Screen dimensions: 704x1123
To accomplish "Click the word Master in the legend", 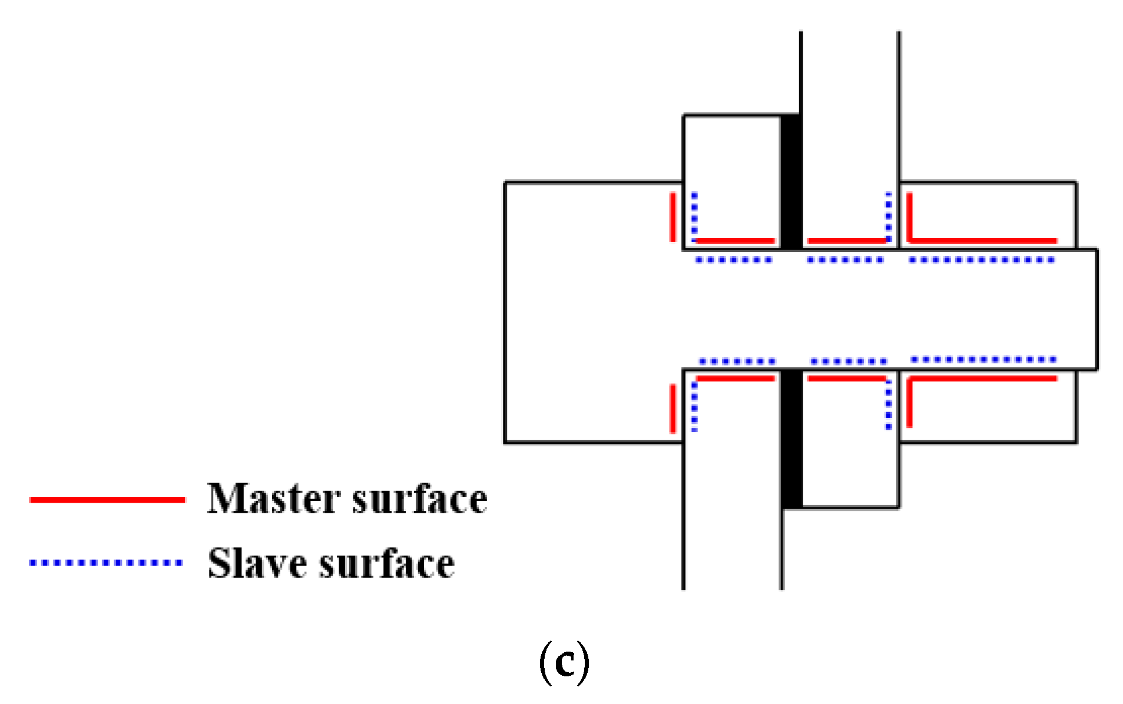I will tap(273, 499).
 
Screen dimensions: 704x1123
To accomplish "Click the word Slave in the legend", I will tap(257, 564).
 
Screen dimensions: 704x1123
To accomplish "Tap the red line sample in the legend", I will tap(107, 500).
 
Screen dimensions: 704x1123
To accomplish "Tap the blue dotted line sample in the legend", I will tap(106, 563).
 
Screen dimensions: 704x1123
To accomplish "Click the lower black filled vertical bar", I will tap(791, 439).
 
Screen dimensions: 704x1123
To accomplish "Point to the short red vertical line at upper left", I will tap(673, 217).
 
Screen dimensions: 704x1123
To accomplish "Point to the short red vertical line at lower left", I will tap(673, 408).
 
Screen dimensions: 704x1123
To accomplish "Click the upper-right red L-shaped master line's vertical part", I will tap(909, 217).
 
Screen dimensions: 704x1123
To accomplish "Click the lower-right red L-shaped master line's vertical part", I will tap(909, 403).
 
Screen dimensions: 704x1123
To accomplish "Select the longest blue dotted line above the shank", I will tap(981, 260).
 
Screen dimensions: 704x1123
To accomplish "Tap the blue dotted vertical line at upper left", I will tap(694, 217).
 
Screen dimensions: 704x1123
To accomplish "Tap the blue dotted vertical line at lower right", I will tap(889, 405).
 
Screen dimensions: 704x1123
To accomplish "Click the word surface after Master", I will tap(419, 499).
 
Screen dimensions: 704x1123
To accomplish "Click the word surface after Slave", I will tap(386, 564).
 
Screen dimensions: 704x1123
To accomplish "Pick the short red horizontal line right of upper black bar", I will tap(846, 240).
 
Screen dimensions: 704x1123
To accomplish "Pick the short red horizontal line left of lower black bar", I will tap(735, 378).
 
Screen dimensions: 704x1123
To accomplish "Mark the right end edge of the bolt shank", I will tap(1097, 310).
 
